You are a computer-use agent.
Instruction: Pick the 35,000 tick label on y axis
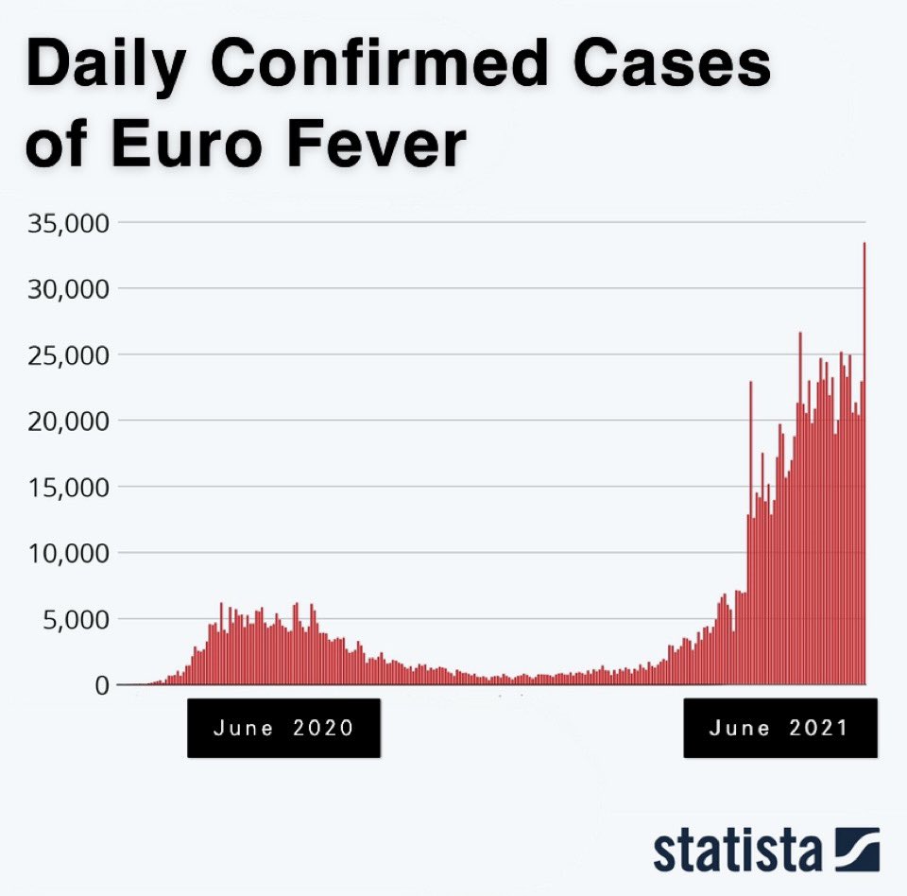[x=69, y=223]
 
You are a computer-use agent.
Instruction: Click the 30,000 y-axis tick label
[x=69, y=288]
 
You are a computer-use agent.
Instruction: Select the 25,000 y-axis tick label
[x=69, y=355]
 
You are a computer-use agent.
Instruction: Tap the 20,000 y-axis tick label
[x=69, y=421]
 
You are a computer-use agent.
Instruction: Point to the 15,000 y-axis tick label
[x=69, y=488]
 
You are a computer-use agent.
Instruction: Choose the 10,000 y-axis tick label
[x=69, y=553]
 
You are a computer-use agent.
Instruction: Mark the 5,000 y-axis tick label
[x=76, y=620]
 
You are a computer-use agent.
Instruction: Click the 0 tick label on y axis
[x=101, y=685]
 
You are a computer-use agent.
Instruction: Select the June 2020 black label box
[x=283, y=728]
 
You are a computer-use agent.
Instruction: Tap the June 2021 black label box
[x=779, y=728]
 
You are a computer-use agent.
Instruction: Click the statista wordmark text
[x=737, y=850]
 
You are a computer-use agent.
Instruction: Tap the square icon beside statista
[x=857, y=849]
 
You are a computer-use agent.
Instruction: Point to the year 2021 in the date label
[x=817, y=728]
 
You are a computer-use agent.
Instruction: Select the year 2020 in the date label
[x=322, y=728]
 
